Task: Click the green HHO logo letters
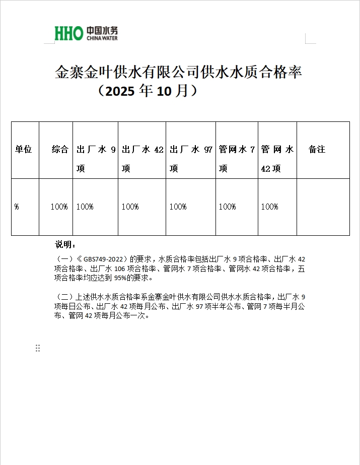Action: point(68,34)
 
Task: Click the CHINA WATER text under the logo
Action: point(102,38)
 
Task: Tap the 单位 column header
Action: point(23,150)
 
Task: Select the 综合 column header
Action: point(60,150)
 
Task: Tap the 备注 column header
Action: point(317,150)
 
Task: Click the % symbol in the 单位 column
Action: point(17,207)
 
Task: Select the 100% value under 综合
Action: point(59,207)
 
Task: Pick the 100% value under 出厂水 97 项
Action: point(178,207)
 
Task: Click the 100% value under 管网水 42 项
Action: point(269,207)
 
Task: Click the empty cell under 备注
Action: point(323,207)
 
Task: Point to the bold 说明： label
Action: point(65,245)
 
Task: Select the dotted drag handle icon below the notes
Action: point(38,348)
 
